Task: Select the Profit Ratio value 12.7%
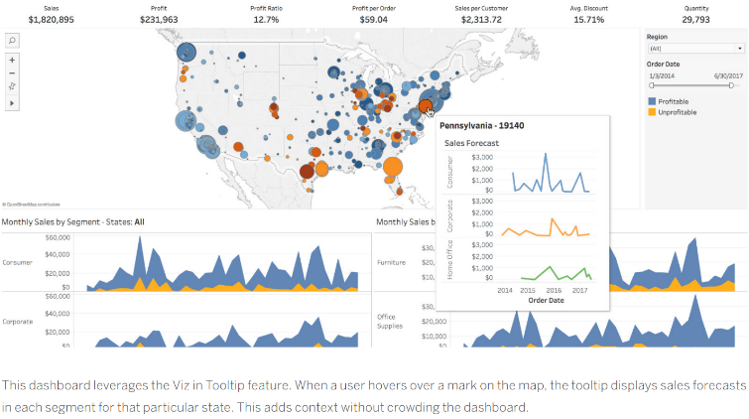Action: pyautogui.click(x=266, y=18)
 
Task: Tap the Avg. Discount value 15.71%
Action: pyautogui.click(x=588, y=18)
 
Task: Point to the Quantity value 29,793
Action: pyautogui.click(x=696, y=18)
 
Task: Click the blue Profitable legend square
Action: pyautogui.click(x=652, y=101)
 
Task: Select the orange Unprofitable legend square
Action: pyautogui.click(x=652, y=112)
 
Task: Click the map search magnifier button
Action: pyautogui.click(x=12, y=40)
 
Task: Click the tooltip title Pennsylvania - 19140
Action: pyautogui.click(x=481, y=126)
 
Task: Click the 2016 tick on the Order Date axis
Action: pyautogui.click(x=552, y=290)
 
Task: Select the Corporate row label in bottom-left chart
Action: pyautogui.click(x=18, y=322)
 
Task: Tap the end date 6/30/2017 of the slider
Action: pyautogui.click(x=709, y=74)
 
